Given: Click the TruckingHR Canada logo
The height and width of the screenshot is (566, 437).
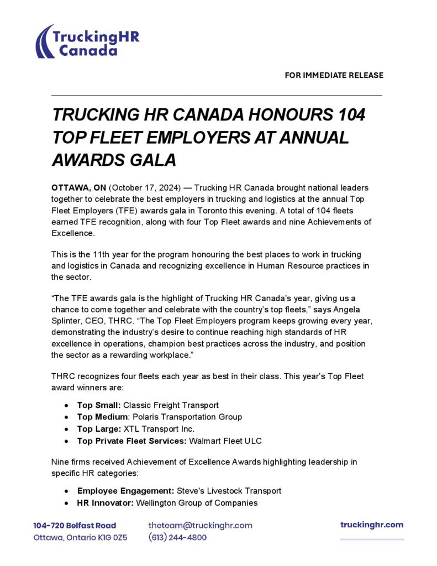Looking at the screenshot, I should click(87, 41).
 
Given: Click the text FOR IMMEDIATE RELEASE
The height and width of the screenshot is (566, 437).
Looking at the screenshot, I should click(334, 75).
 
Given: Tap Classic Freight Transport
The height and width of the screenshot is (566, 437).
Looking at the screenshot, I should click(171, 405).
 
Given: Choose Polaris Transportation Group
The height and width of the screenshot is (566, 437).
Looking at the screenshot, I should click(187, 417).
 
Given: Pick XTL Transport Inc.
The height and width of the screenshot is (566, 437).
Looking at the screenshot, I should click(160, 428).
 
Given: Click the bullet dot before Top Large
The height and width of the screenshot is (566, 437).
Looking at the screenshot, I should click(66, 429).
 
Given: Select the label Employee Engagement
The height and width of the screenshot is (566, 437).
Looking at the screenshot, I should click(125, 491).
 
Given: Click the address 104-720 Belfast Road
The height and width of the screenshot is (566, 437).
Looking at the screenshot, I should click(75, 526).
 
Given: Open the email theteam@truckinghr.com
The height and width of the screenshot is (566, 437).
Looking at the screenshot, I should click(200, 525).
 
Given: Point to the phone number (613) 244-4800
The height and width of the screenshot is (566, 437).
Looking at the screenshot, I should click(177, 537).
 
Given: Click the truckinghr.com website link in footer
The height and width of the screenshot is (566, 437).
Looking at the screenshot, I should click(372, 525).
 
